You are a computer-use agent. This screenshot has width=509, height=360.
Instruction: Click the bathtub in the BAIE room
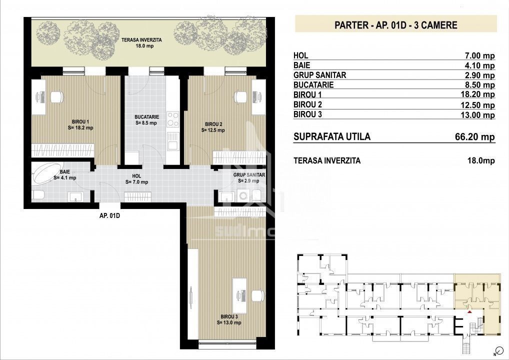pyautogui.click(x=46, y=173)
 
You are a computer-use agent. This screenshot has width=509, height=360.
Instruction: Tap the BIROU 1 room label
pyautogui.click(x=80, y=124)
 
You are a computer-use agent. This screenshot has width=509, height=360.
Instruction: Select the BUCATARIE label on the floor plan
pyautogui.click(x=146, y=120)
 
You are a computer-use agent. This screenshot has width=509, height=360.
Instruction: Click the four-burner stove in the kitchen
pyautogui.click(x=172, y=119)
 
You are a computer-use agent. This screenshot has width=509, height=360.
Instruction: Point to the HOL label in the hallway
pyautogui.click(x=136, y=179)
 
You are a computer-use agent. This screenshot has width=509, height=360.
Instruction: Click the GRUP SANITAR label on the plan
pyautogui.click(x=249, y=178)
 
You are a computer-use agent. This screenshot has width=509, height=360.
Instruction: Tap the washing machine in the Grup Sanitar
pyautogui.click(x=243, y=195)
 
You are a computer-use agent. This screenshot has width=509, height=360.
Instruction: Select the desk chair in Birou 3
pyautogui.click(x=258, y=296)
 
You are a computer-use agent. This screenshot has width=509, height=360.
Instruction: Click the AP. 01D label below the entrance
pyautogui.click(x=109, y=215)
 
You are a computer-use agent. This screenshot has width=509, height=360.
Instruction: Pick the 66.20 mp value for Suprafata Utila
pyautogui.click(x=475, y=136)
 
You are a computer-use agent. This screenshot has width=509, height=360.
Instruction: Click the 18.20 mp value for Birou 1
pyautogui.click(x=477, y=94)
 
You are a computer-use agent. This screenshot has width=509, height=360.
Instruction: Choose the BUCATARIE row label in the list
pyautogui.click(x=313, y=84)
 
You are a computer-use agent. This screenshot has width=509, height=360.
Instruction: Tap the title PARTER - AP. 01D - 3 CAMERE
pyautogui.click(x=395, y=25)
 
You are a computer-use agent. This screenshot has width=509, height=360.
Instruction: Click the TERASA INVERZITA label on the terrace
pyautogui.click(x=141, y=43)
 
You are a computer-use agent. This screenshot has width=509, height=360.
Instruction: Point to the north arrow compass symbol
pyautogui.click(x=496, y=351)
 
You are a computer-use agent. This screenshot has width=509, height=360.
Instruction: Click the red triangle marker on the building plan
pyautogui.click(x=469, y=312)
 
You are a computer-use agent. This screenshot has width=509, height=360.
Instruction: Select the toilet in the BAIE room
pyautogui.click(x=38, y=195)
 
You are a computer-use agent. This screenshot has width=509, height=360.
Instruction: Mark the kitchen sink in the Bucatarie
pyautogui.click(x=172, y=141)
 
